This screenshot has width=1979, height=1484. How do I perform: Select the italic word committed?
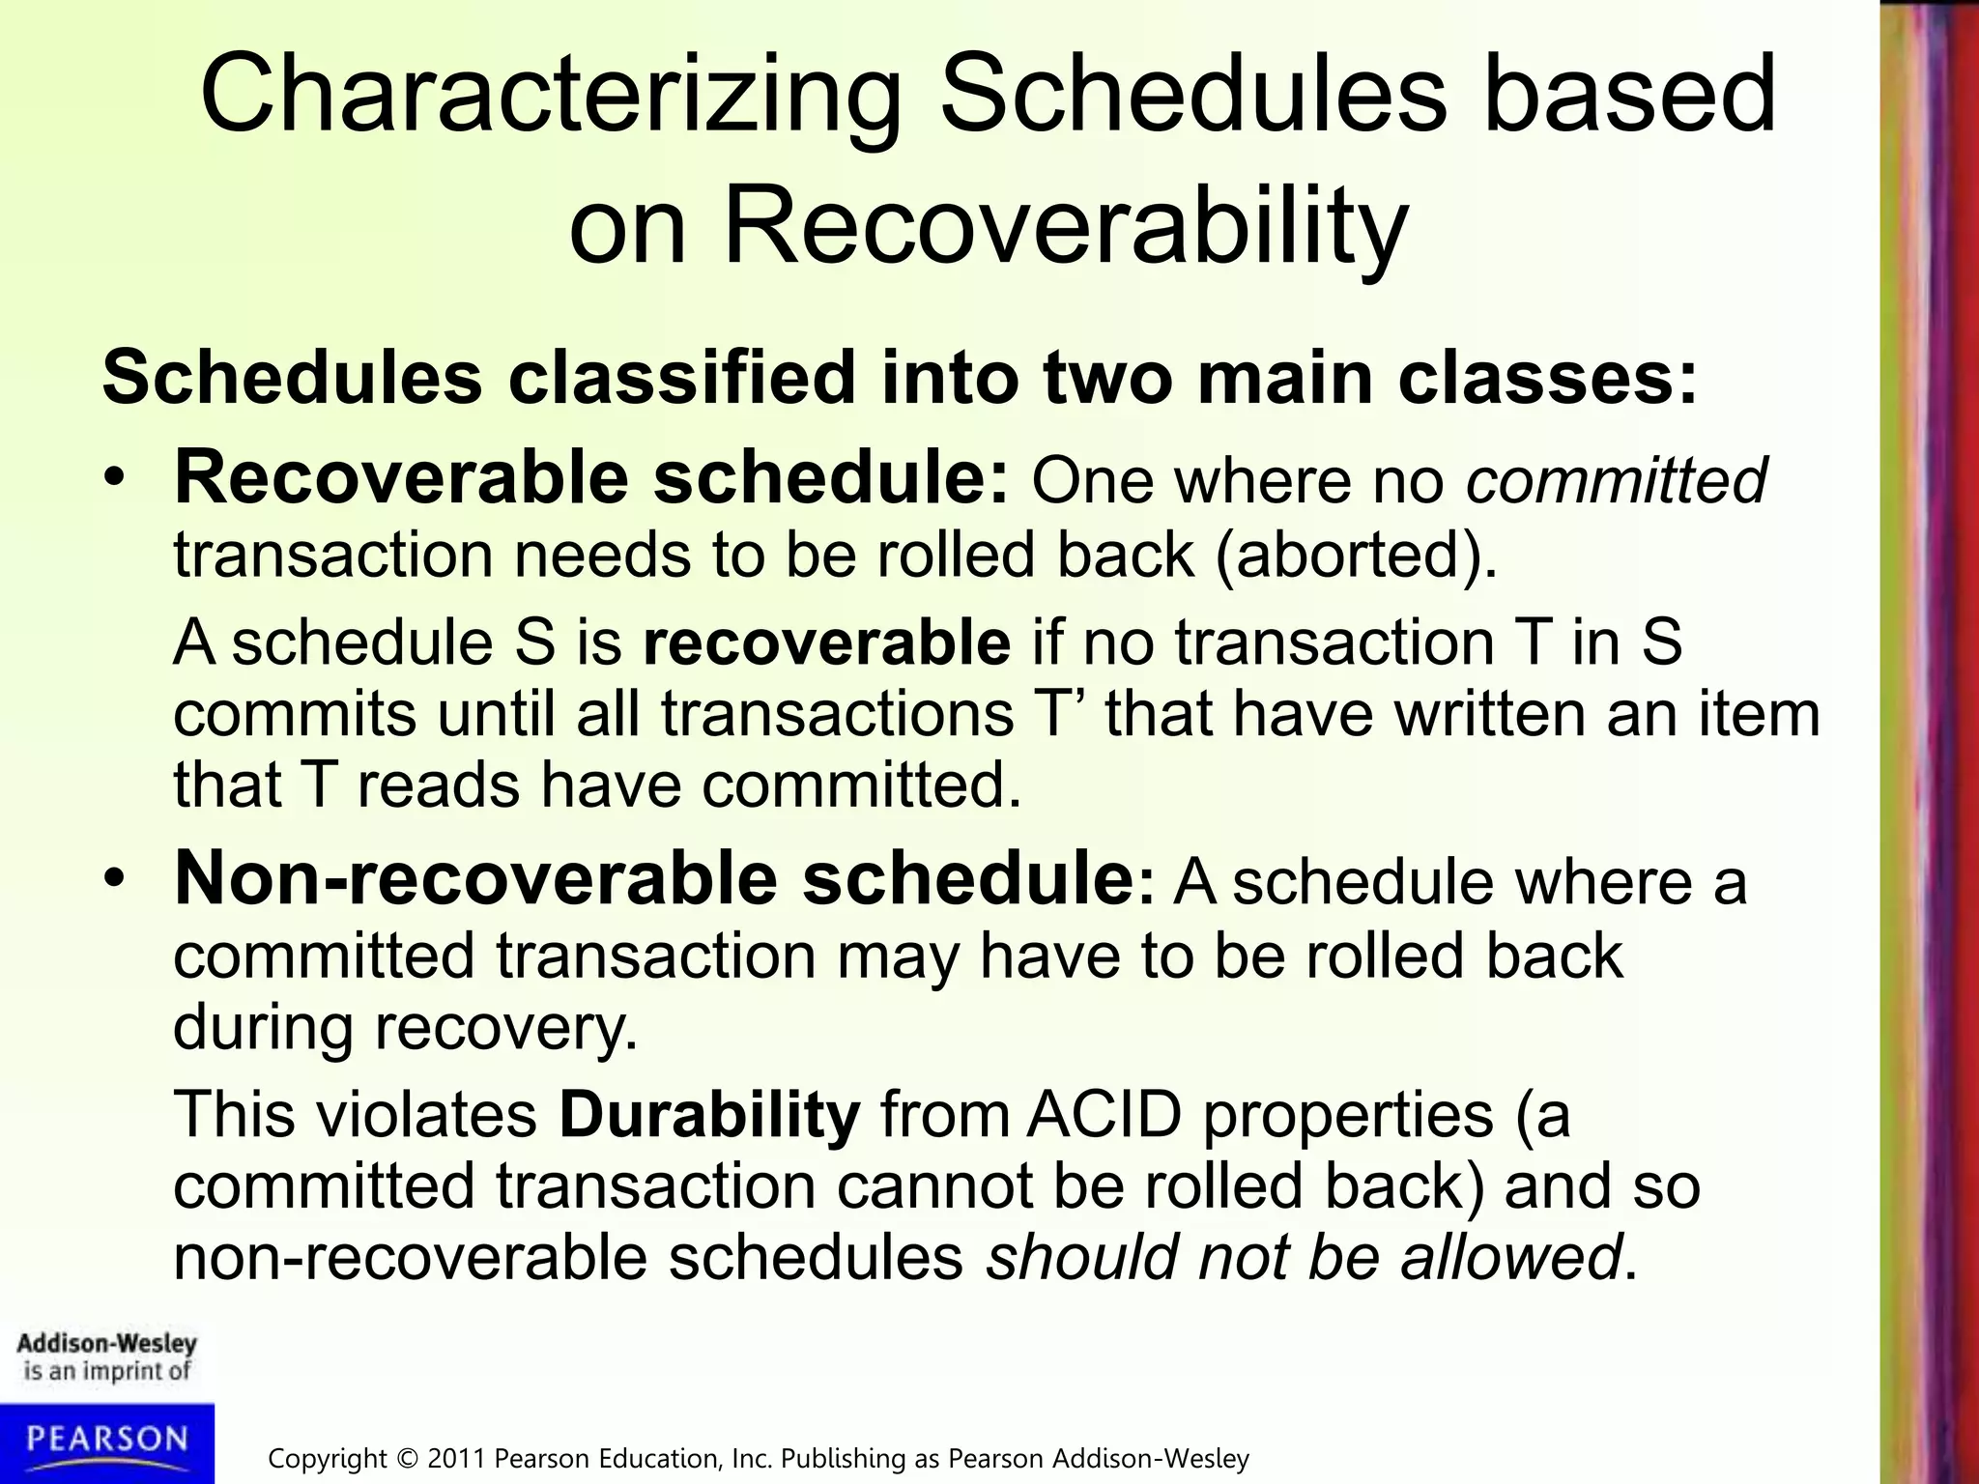point(1616,480)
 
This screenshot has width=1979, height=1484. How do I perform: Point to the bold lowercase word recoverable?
point(826,642)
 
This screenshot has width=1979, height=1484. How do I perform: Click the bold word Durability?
point(709,1114)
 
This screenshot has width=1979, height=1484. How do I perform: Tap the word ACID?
point(1104,1114)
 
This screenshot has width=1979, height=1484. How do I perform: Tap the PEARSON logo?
point(107,1440)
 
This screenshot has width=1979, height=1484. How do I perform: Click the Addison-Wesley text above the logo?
point(107,1344)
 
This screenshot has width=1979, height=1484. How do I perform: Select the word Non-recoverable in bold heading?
point(474,878)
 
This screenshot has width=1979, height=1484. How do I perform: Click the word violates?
point(426,1114)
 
